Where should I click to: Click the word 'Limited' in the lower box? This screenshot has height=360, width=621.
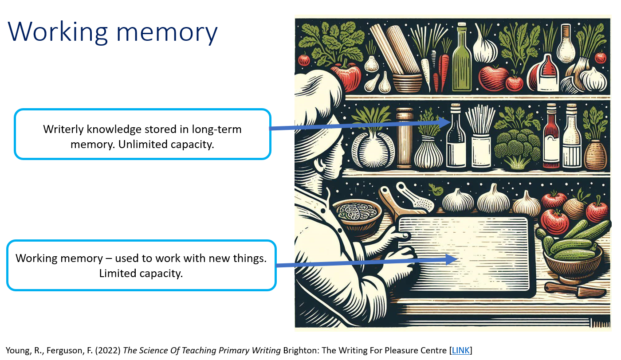point(118,274)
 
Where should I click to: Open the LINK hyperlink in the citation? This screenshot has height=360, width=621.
point(460,350)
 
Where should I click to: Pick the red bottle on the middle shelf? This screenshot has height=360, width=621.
point(551,137)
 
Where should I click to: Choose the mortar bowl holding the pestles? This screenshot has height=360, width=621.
point(406,82)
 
